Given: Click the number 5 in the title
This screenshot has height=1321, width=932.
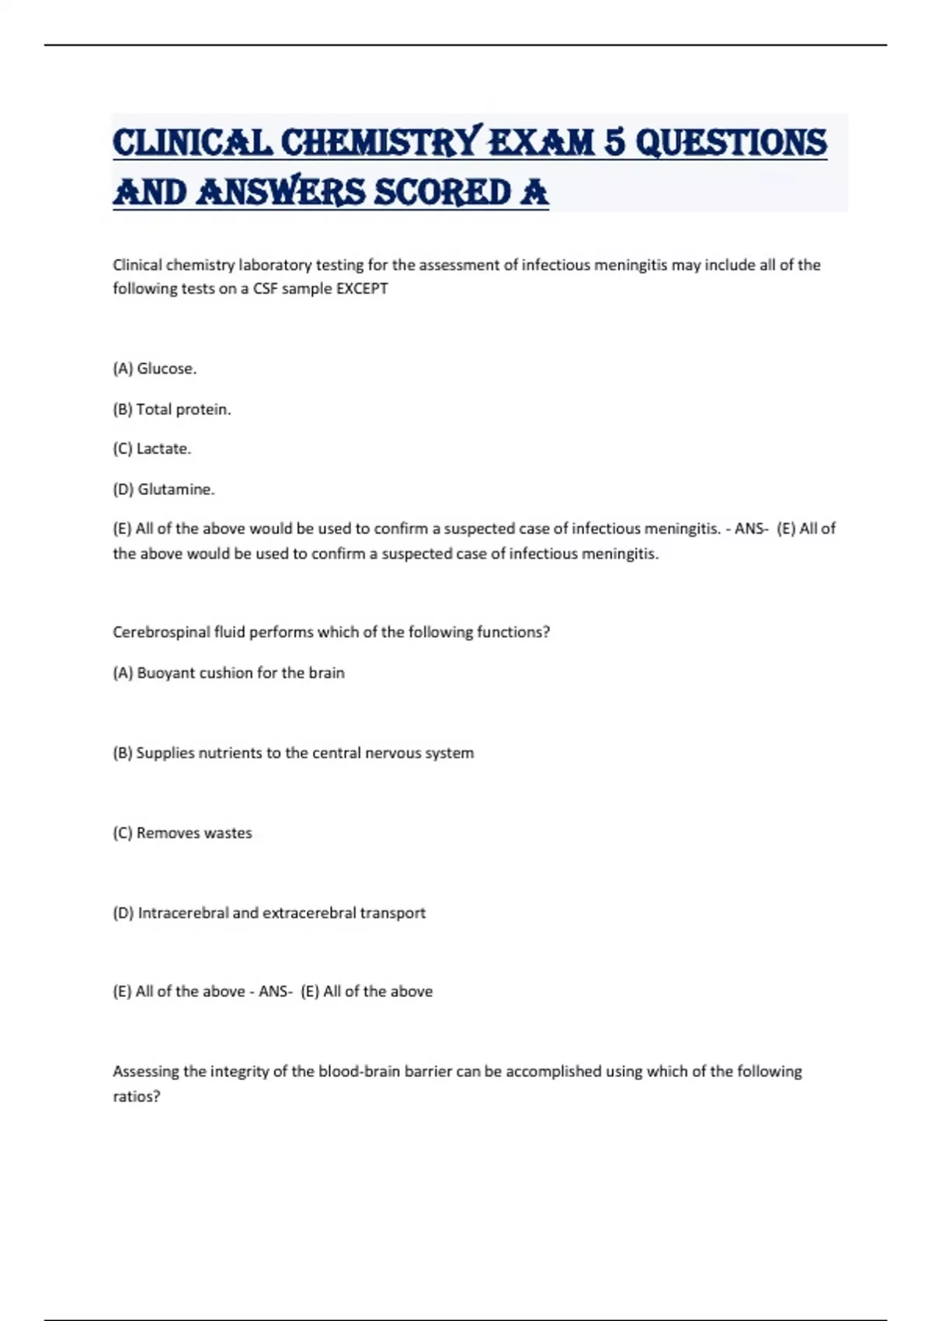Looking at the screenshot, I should [614, 142].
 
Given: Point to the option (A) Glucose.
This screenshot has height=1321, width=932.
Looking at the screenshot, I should [155, 369].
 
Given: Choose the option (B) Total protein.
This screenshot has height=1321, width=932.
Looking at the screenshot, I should [172, 410].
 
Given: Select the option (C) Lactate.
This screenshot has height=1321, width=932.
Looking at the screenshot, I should [151, 449].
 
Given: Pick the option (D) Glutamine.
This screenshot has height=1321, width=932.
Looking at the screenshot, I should [163, 490].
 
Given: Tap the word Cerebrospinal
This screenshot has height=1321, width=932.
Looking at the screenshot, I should [161, 633].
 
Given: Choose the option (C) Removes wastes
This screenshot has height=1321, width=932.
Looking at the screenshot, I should [183, 833].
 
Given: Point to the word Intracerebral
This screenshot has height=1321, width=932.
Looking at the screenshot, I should [183, 913].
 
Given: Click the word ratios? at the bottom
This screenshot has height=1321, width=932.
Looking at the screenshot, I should [137, 1096].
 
